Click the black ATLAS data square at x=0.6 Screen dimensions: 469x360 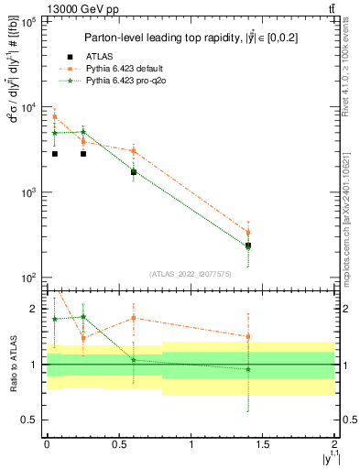tap(134, 171)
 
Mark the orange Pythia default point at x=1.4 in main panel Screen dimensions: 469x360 tap(248, 233)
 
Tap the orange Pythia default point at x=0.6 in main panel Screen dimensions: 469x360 tap(134, 151)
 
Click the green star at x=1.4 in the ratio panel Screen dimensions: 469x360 tap(248, 369)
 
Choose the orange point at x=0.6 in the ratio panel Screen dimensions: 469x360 tap(134, 318)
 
